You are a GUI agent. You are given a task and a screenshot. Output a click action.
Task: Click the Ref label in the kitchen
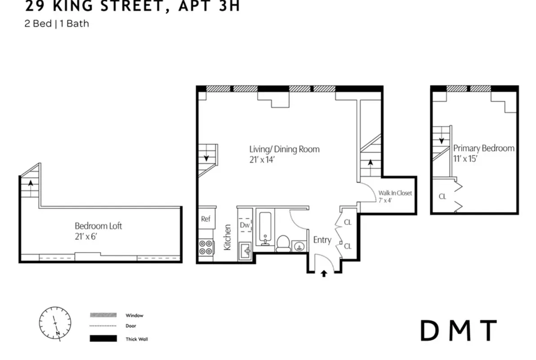205,219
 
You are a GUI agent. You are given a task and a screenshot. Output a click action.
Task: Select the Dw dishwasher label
245,225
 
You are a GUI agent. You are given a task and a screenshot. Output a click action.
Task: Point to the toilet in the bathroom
283,243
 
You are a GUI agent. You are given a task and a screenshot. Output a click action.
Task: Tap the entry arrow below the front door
323,273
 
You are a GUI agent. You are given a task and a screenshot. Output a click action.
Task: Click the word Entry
322,240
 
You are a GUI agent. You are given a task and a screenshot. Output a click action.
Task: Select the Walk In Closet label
395,193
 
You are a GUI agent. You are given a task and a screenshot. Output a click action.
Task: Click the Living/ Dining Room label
284,149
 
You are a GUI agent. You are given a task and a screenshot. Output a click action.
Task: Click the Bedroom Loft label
98,226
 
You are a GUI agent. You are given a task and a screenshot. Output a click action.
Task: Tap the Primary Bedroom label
483,148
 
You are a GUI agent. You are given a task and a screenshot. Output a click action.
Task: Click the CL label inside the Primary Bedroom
442,196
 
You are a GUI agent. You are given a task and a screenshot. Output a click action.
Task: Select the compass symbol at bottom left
55,323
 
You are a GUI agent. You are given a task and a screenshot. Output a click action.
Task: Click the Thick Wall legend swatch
103,338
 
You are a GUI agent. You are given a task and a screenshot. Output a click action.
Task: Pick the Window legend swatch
103,315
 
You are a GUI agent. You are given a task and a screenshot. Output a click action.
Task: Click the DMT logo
458,331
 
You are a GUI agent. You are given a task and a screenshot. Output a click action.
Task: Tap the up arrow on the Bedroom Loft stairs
31,183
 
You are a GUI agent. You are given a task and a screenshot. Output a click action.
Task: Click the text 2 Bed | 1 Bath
57,23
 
